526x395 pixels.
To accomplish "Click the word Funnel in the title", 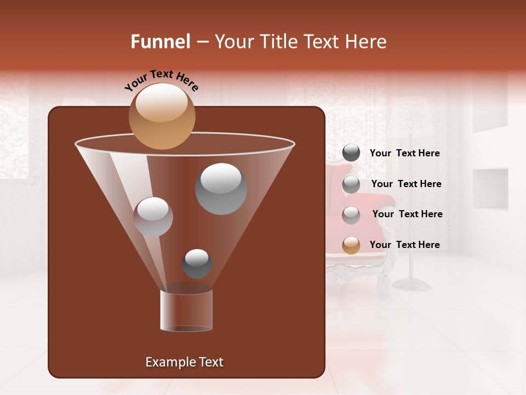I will [160, 42].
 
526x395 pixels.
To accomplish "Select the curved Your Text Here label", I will [162, 80].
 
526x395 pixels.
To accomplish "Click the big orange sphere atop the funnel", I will [162, 116].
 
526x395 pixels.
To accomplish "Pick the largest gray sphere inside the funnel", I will [221, 189].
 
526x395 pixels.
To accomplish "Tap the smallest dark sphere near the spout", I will [197, 263].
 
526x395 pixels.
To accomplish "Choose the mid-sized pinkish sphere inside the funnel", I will [153, 217].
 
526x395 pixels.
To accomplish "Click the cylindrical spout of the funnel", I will [186, 311].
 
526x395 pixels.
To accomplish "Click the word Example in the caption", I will [170, 362].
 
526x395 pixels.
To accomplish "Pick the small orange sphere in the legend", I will [351, 245].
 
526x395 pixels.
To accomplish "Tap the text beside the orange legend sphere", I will [405, 245].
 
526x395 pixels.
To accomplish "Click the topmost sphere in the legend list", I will [351, 153].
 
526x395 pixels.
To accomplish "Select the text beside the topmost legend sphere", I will [405, 153].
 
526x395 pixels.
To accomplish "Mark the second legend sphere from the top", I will [351, 184].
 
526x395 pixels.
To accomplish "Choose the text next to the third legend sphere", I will [408, 214].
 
